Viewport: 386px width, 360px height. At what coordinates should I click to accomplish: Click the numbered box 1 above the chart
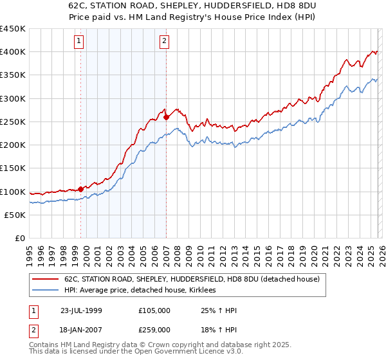tap(78, 42)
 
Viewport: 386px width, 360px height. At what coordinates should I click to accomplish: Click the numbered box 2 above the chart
tap(164, 42)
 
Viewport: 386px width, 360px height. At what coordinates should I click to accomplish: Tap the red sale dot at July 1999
tap(81, 189)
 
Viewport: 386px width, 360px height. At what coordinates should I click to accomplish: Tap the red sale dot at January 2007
tap(167, 117)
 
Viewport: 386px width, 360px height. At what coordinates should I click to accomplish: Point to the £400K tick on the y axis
tap(13, 52)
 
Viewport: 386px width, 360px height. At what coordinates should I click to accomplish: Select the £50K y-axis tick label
tap(15, 215)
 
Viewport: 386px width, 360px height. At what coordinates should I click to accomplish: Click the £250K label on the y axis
tap(13, 122)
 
